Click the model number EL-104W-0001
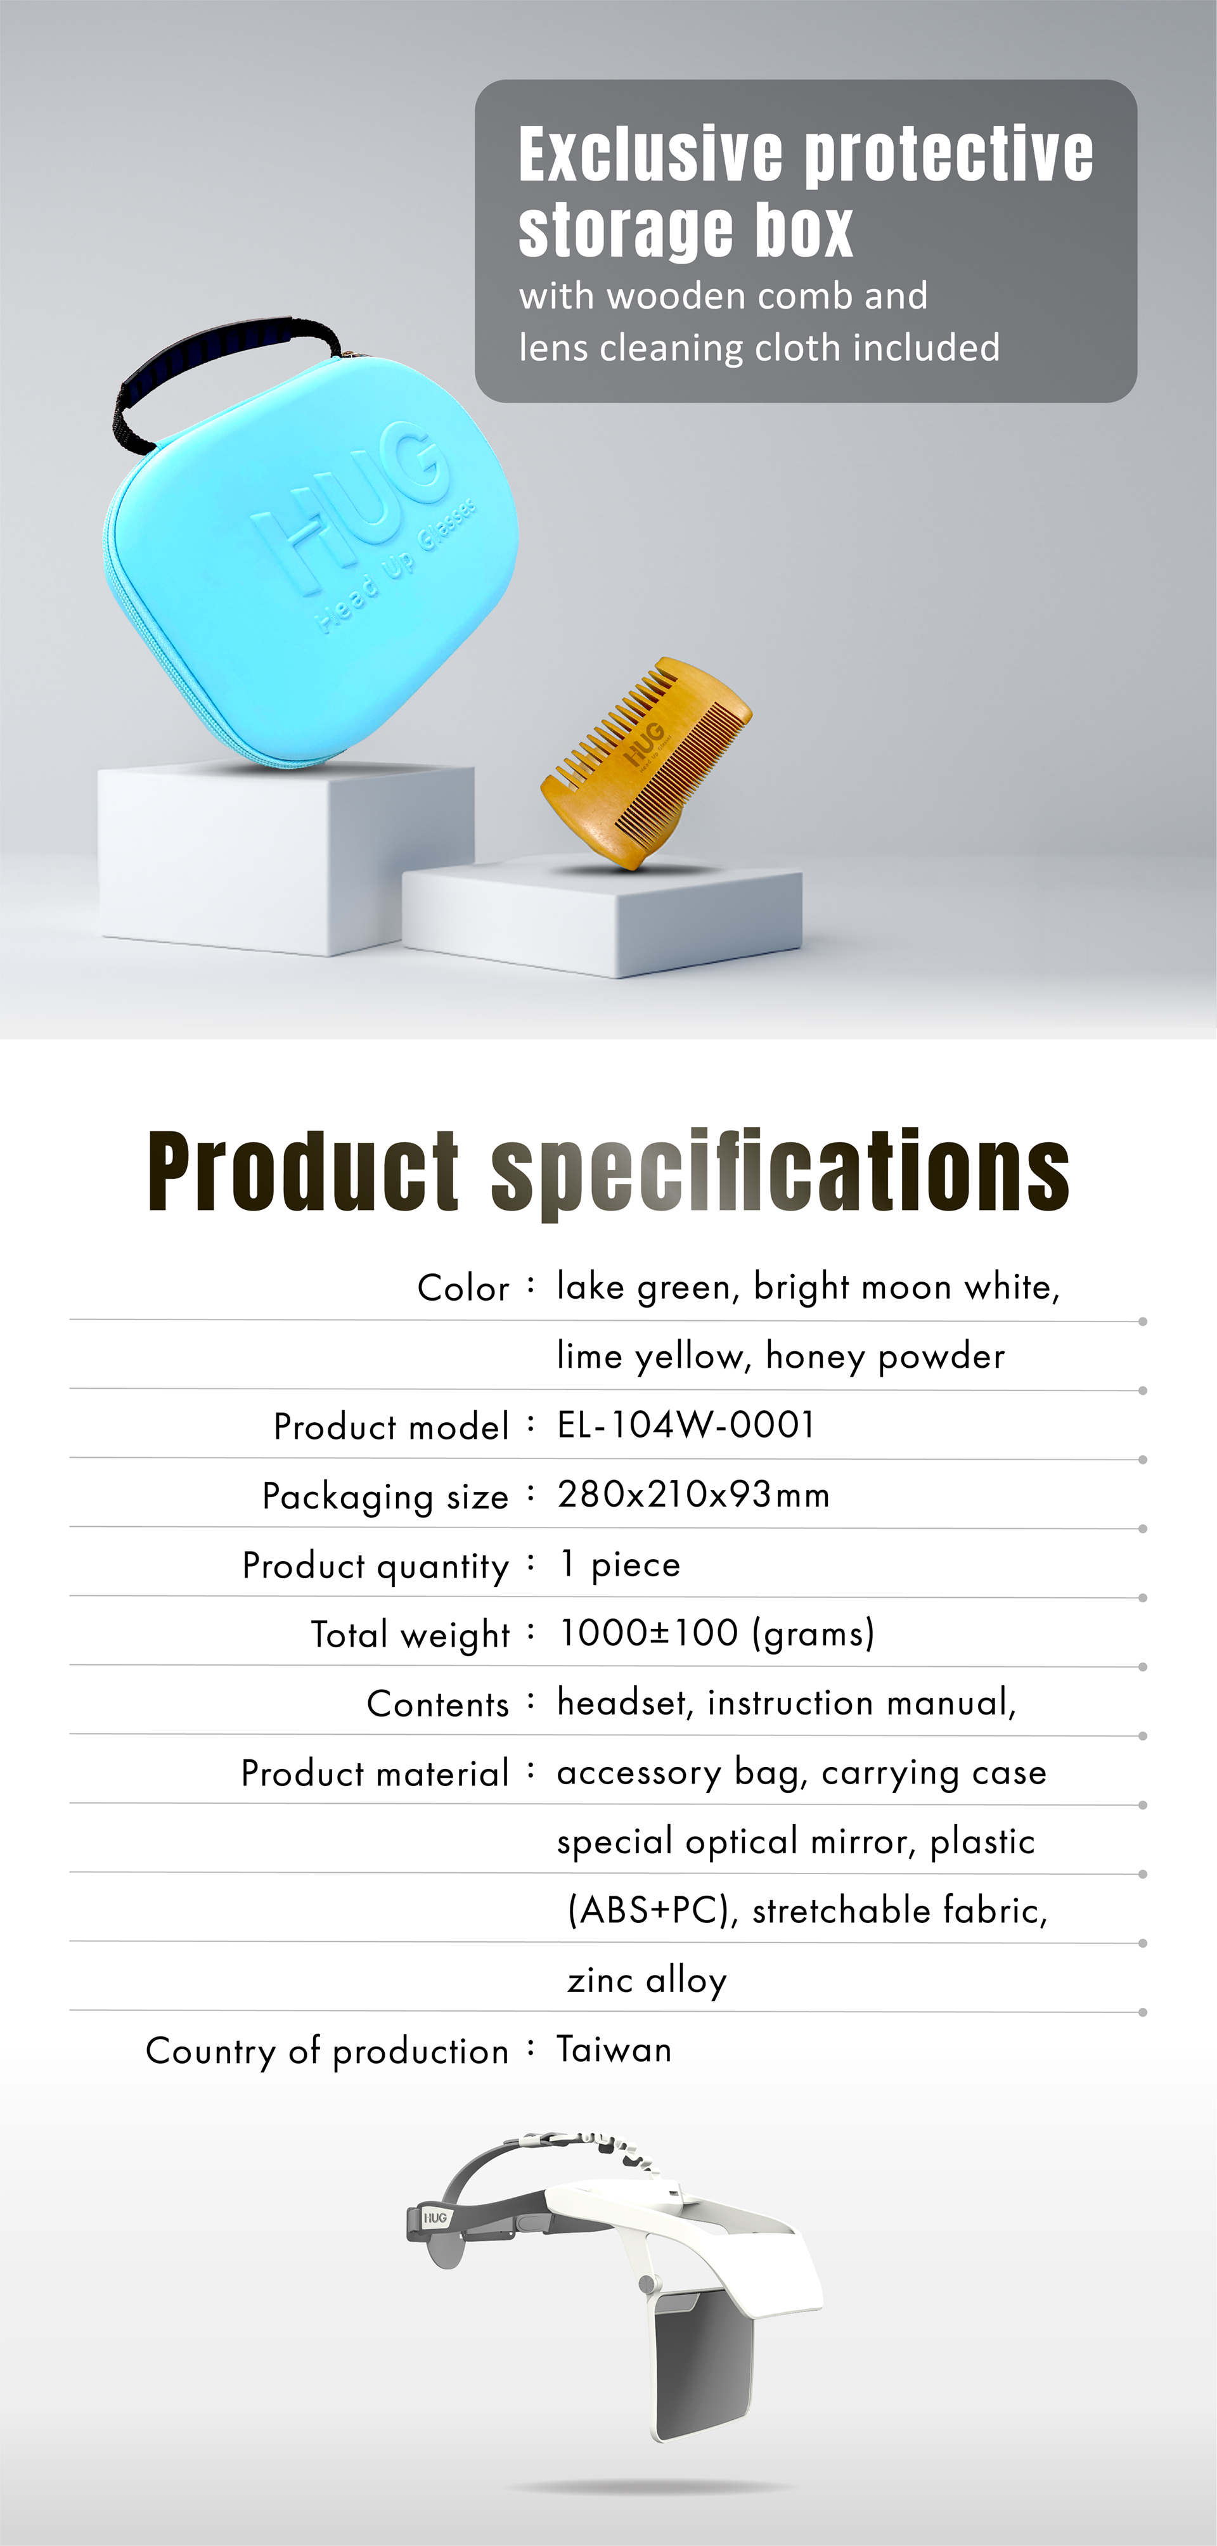coord(686,1425)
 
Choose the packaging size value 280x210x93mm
coord(693,1495)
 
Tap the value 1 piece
coord(620,1565)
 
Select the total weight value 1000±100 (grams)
coord(717,1634)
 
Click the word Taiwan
coord(614,2049)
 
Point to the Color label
coord(463,1288)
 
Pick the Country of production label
coord(327,2051)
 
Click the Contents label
coord(438,1704)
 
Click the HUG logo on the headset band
coord(435,2219)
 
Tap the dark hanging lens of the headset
coord(701,2362)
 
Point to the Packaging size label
coord(385,1497)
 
